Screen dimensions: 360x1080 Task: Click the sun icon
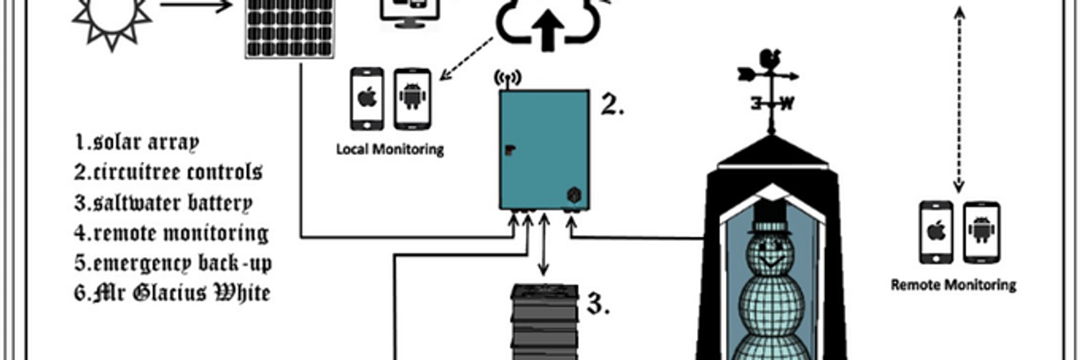point(112,18)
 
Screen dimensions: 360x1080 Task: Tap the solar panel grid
point(289,29)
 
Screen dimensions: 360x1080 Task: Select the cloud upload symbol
point(547,25)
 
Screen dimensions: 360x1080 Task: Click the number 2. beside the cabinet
point(612,106)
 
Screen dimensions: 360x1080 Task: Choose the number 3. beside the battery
point(598,305)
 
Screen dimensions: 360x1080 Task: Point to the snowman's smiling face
point(768,252)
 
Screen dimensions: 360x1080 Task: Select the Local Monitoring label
point(390,150)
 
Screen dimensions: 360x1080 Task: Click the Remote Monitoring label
point(953,284)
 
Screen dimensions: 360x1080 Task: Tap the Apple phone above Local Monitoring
point(367,99)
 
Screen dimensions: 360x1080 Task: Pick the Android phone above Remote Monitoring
point(981,232)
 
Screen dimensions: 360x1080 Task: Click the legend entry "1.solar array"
point(136,142)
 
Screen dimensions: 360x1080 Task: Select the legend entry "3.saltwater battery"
point(163,202)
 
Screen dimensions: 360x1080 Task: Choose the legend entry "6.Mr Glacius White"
point(173,293)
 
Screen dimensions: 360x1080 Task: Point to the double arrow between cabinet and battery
point(544,245)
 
